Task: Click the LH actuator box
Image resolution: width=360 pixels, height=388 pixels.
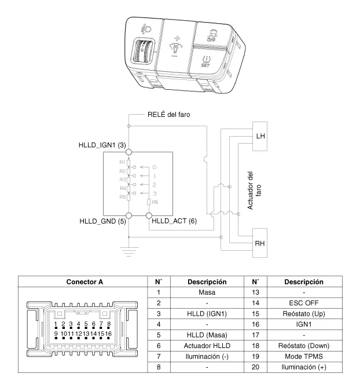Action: pos(260,136)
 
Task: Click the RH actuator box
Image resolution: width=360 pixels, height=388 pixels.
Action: pos(260,244)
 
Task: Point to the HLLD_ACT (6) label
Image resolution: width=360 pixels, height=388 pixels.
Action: pos(174,221)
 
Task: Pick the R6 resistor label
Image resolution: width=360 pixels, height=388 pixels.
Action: pos(155,203)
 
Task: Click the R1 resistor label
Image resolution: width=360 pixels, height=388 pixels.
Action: pos(123,163)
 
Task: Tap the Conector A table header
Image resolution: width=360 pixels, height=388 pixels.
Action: pos(85,282)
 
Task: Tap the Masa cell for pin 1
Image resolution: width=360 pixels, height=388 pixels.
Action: pos(206,292)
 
